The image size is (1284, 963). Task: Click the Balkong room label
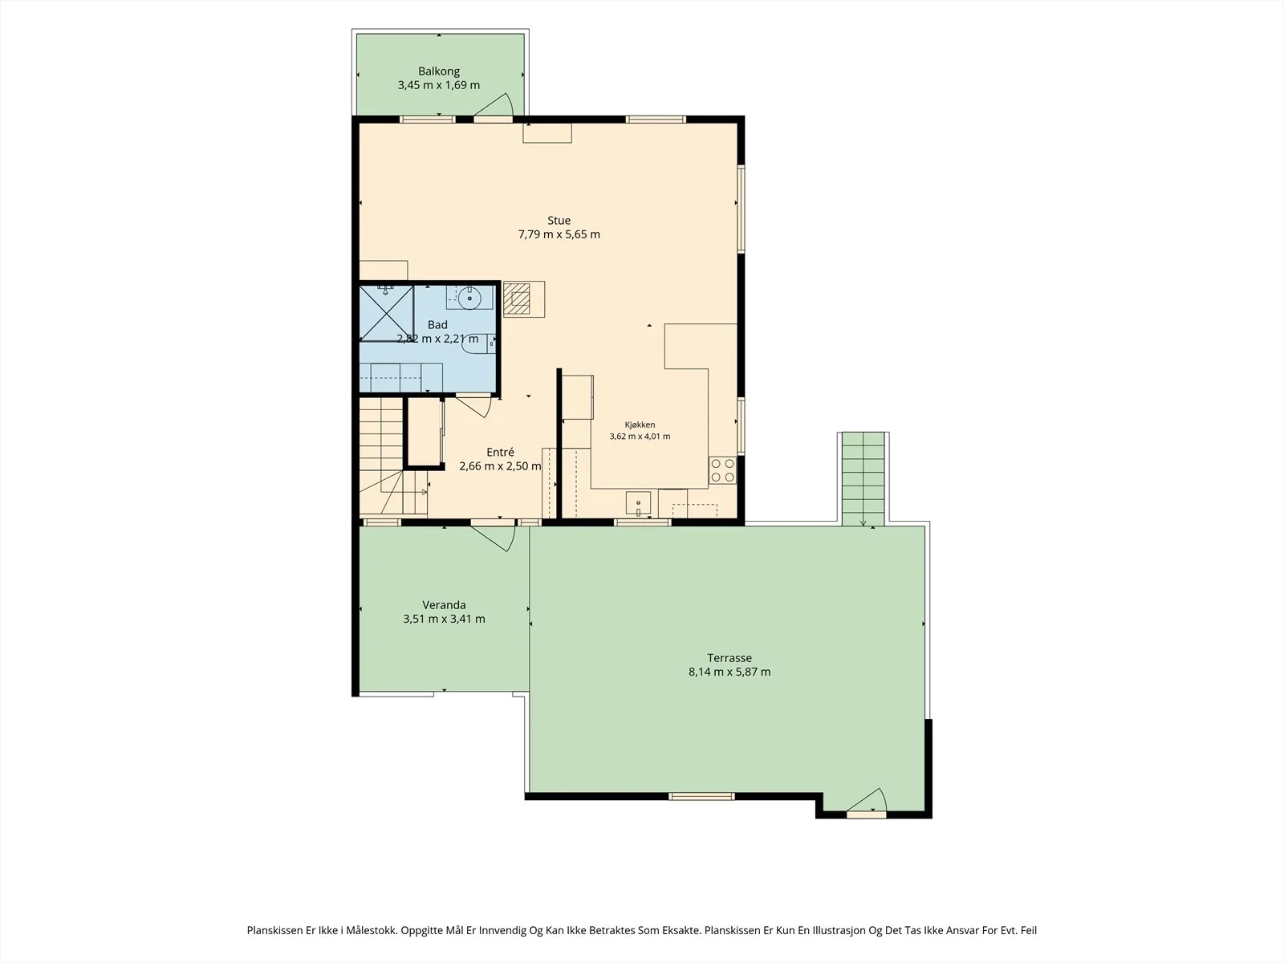(x=439, y=71)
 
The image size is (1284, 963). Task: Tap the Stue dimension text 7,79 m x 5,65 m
(x=559, y=234)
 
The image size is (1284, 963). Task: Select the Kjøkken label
(x=640, y=425)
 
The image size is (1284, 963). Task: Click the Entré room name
(x=500, y=452)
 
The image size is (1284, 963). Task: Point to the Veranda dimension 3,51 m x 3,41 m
(x=444, y=619)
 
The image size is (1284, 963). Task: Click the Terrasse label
(x=729, y=658)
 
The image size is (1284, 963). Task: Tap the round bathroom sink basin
(x=469, y=299)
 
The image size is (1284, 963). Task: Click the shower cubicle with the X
(x=386, y=313)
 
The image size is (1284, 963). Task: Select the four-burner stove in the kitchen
(x=722, y=471)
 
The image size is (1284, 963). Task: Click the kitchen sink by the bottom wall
(x=638, y=504)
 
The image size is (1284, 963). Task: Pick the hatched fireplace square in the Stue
(x=517, y=299)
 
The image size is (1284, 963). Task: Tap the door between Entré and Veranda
(x=493, y=536)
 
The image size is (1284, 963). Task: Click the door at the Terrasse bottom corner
(x=867, y=800)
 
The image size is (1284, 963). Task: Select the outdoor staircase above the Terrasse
(x=863, y=479)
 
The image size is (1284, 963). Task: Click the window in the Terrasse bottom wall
(x=701, y=796)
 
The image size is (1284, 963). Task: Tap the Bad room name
(x=437, y=325)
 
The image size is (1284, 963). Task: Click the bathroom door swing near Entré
(x=473, y=406)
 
